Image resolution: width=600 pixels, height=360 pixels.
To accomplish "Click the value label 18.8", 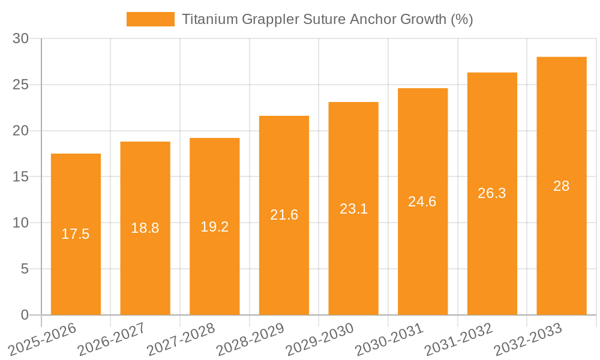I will [145, 228].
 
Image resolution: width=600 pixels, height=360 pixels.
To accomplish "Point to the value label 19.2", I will [214, 227].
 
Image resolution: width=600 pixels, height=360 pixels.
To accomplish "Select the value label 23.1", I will [353, 209].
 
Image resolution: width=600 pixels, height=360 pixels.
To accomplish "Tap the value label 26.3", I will [492, 193].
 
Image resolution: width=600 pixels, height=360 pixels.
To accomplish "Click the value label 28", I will [561, 186].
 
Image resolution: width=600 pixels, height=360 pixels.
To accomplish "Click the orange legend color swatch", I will [150, 19].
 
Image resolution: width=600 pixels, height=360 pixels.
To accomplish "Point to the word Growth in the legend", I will [423, 19].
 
